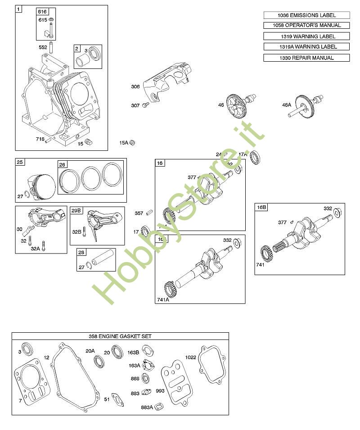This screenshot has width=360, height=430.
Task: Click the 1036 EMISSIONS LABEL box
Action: click(x=306, y=15)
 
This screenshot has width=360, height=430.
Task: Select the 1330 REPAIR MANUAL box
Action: click(x=306, y=58)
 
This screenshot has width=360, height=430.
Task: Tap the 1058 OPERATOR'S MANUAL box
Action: click(x=306, y=25)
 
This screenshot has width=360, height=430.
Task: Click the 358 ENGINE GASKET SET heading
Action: click(x=120, y=336)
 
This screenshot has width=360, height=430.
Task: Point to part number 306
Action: click(x=135, y=86)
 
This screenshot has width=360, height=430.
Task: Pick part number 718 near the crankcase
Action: click(x=40, y=139)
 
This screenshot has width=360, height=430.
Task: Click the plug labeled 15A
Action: click(x=132, y=143)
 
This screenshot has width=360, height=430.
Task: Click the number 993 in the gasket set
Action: click(x=160, y=391)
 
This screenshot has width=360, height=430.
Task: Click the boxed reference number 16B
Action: click(x=261, y=207)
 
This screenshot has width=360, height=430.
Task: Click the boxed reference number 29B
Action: click(x=76, y=210)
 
